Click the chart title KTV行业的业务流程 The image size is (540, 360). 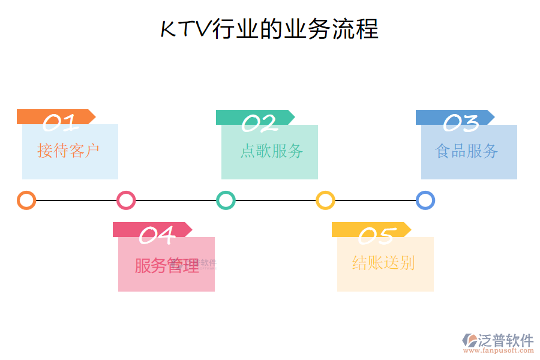(269, 29)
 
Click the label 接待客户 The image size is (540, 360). (68, 151)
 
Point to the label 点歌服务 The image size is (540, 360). (271, 151)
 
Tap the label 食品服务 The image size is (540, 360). (467, 151)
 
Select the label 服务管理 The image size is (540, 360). (166, 265)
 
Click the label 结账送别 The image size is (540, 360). (383, 263)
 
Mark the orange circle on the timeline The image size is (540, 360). (26, 200)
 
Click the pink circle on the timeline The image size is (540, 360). (126, 200)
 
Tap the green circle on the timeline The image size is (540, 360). (226, 200)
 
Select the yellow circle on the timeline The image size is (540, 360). (325, 200)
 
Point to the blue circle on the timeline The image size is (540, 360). (425, 200)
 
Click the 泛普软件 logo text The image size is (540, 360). (506, 340)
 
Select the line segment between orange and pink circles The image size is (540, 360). (76, 200)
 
